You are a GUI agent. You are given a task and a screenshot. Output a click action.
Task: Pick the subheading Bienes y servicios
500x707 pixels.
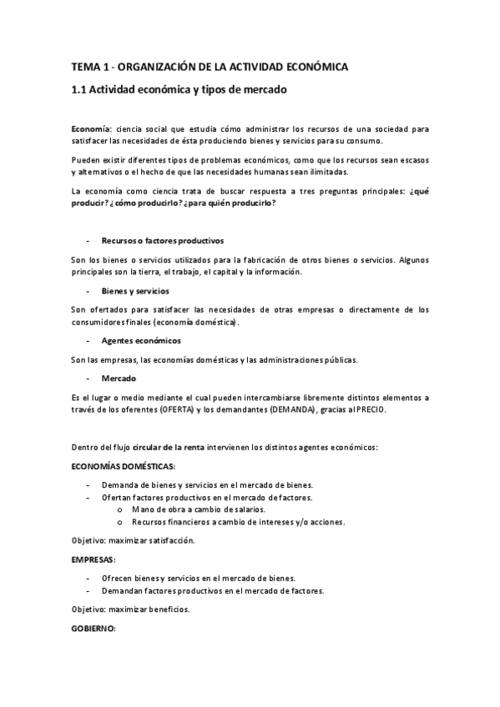coord(135,291)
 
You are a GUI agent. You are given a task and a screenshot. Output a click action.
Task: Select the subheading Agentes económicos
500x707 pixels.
coord(141,341)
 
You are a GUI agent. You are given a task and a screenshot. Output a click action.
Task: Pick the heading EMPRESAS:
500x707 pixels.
coord(93,559)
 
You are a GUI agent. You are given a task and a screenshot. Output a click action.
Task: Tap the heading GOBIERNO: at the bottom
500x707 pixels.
coord(93,628)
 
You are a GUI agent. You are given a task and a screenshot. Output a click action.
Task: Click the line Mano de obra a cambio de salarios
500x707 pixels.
coord(199,509)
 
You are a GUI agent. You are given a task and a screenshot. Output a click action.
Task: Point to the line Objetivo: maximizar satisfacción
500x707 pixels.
coord(133,540)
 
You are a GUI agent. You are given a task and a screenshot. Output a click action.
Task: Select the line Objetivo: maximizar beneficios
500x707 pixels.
coord(130,609)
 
